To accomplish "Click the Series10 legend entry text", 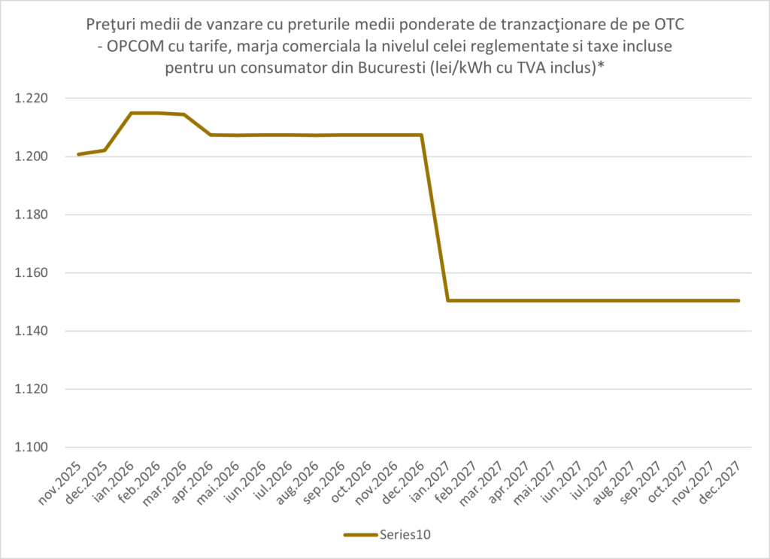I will point(407,535).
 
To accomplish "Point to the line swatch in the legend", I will point(361,535).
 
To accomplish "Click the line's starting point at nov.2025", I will point(78,154).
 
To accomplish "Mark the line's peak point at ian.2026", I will point(131,113).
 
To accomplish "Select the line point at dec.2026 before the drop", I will point(421,135).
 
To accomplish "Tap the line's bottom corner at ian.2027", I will point(448,301).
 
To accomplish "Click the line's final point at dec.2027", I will point(738,301).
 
